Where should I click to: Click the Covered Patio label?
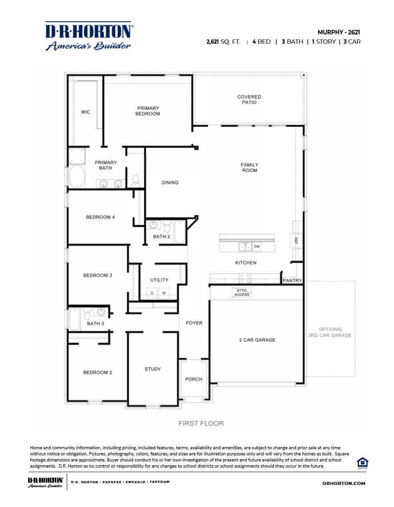[x=249, y=100]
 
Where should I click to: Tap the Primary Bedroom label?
[x=148, y=111]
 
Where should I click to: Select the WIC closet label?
[x=85, y=112]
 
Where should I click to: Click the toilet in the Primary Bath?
[x=136, y=180]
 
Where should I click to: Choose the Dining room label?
[x=170, y=183]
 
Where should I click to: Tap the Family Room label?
[x=250, y=168]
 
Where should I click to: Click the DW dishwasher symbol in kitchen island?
[x=257, y=246]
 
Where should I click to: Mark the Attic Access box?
[x=242, y=292]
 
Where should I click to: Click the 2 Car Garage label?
[x=257, y=340]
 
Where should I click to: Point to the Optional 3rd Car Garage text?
[x=331, y=332]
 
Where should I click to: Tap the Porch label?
[x=194, y=379]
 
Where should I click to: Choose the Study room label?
[x=152, y=369]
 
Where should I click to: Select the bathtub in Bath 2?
[x=180, y=232]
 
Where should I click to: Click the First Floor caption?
[x=201, y=423]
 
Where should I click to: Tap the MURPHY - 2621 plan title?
[x=339, y=32]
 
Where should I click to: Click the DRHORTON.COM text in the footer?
[x=344, y=483]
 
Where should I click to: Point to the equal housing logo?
[x=362, y=462]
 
